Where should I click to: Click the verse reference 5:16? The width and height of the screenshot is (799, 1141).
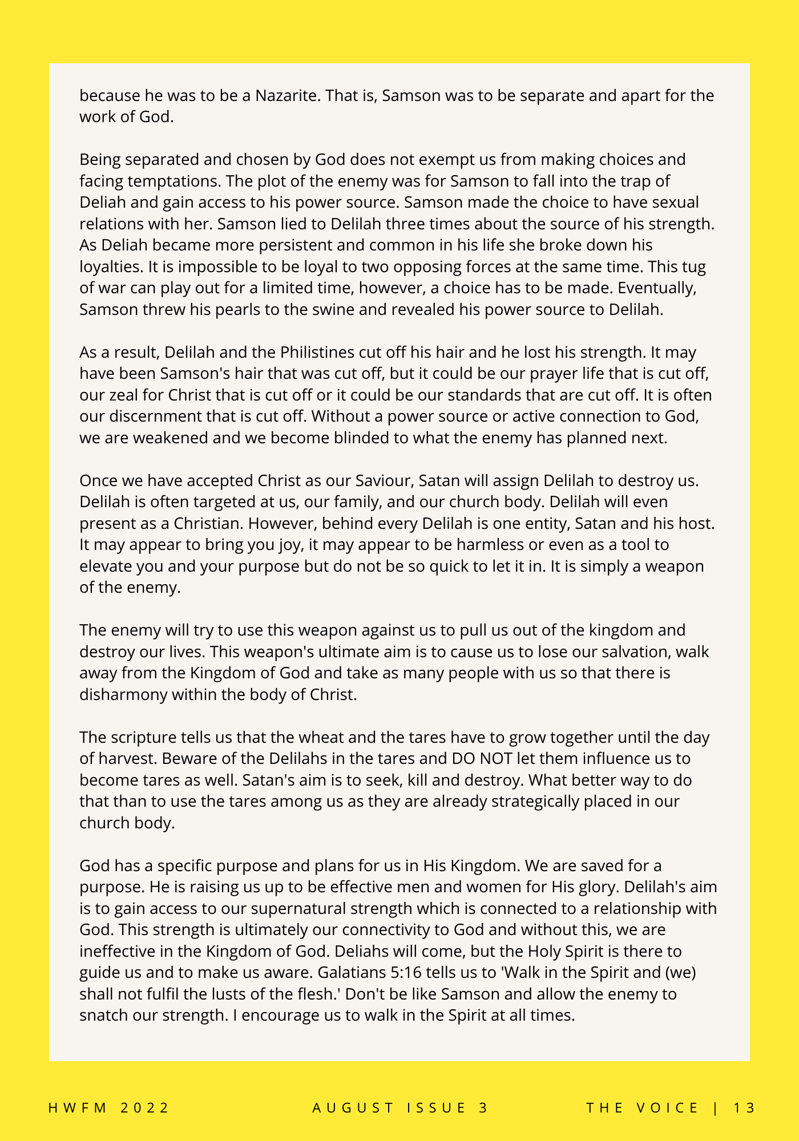pyautogui.click(x=401, y=973)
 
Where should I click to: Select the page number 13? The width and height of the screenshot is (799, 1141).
pyautogui.click(x=744, y=1108)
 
